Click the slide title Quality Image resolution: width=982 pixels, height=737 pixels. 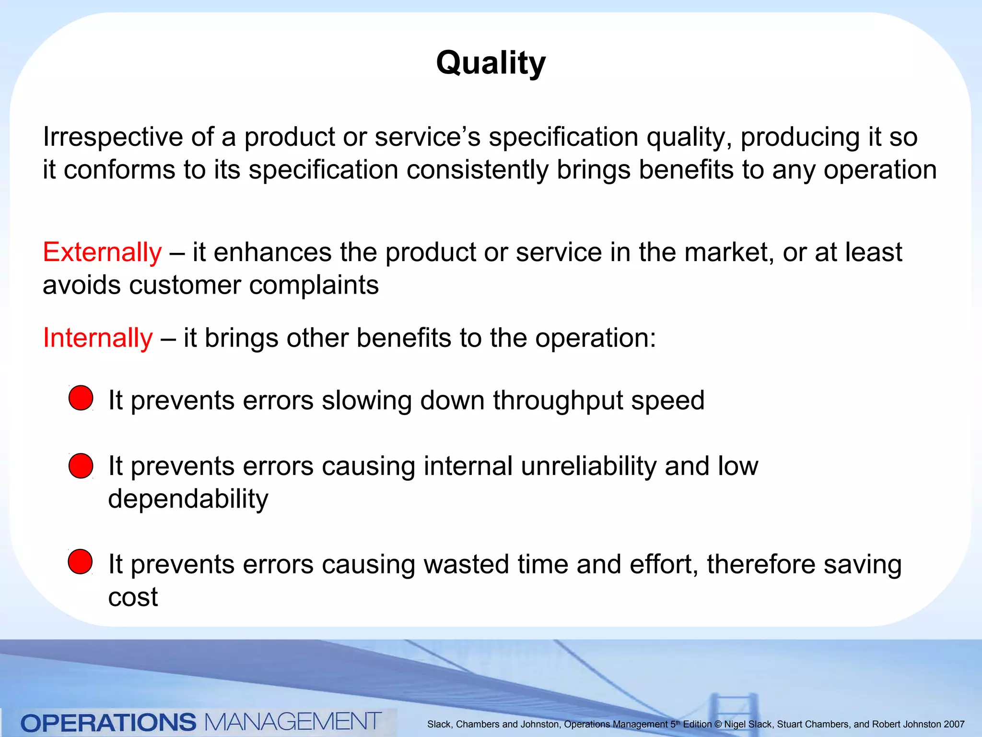coord(491,63)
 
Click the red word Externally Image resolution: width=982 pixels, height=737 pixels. coord(102,252)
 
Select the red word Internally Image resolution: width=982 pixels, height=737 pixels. coord(98,338)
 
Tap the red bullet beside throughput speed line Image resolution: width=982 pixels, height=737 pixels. coord(81,398)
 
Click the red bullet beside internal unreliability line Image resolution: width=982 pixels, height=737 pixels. coord(81,466)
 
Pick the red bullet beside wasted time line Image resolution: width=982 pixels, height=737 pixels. coord(80,562)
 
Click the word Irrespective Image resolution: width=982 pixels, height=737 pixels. coord(113,137)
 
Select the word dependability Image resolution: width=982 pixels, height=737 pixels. coord(188,499)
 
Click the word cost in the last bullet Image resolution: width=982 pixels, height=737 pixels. coord(133,597)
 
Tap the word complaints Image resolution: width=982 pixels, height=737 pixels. coord(314,285)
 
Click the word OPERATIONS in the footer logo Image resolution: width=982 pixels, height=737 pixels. coord(108,723)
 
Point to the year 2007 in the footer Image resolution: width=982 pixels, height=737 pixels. coord(954,725)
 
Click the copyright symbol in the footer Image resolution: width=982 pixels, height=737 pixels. coord(718,725)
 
